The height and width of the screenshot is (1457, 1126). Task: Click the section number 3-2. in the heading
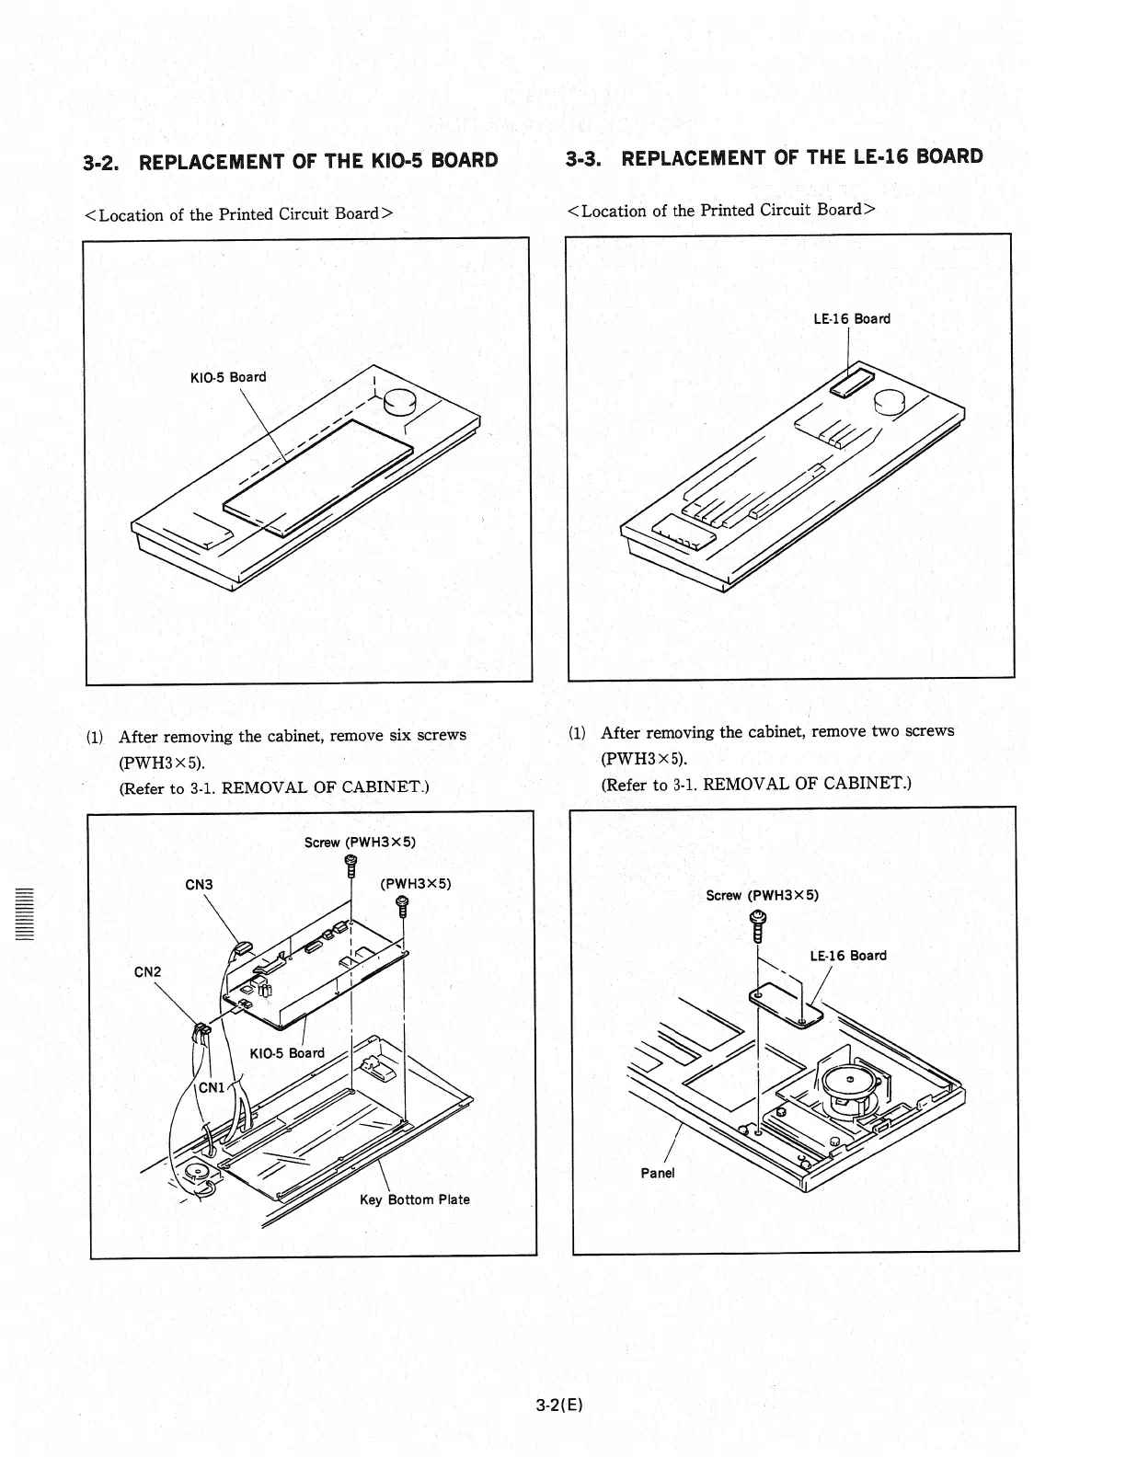pos(103,163)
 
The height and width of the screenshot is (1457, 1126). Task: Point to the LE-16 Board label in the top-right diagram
pos(852,319)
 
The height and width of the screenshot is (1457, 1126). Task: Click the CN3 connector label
pos(200,885)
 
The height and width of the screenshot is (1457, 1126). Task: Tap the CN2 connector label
pos(148,972)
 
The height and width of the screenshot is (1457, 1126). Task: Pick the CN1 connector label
pos(213,1087)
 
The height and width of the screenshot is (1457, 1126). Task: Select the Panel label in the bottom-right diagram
pos(657,1173)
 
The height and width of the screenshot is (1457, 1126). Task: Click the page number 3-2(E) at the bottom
pos(561,1405)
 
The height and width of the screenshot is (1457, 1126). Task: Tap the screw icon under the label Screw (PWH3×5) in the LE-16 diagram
pos(758,925)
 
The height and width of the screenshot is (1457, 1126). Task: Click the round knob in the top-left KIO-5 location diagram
pos(400,401)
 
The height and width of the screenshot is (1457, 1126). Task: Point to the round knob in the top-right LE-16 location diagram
pos(890,402)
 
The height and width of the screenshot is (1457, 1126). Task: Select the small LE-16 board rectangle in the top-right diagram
pos(851,380)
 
